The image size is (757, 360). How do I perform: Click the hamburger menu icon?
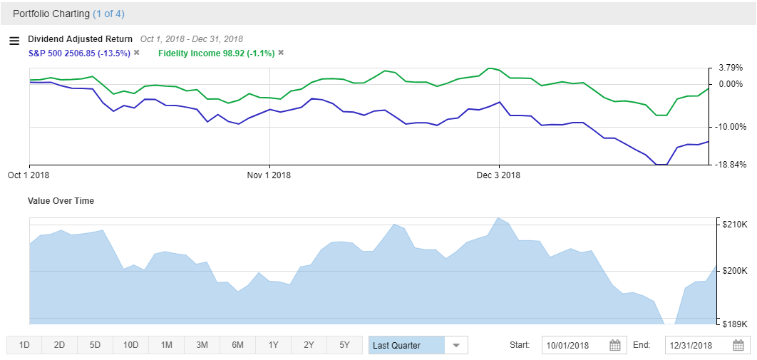[x=14, y=41]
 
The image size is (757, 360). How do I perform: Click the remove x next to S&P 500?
[x=136, y=53]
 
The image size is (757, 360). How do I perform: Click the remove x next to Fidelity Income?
[x=281, y=53]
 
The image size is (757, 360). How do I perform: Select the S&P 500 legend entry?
[x=79, y=53]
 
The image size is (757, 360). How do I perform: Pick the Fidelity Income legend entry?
[x=216, y=53]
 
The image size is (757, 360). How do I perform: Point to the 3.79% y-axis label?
[x=731, y=68]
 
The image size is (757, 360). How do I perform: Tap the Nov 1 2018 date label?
[x=269, y=175]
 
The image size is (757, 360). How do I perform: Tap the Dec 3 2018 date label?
[x=498, y=175]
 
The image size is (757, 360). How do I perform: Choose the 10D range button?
[x=130, y=346]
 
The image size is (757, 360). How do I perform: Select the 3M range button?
[x=202, y=346]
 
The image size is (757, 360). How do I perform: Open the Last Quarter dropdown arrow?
[x=456, y=346]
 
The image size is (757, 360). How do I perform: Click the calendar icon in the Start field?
[x=615, y=346]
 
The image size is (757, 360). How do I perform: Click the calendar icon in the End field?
[x=739, y=346]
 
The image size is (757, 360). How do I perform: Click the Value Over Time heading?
[x=61, y=201]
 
